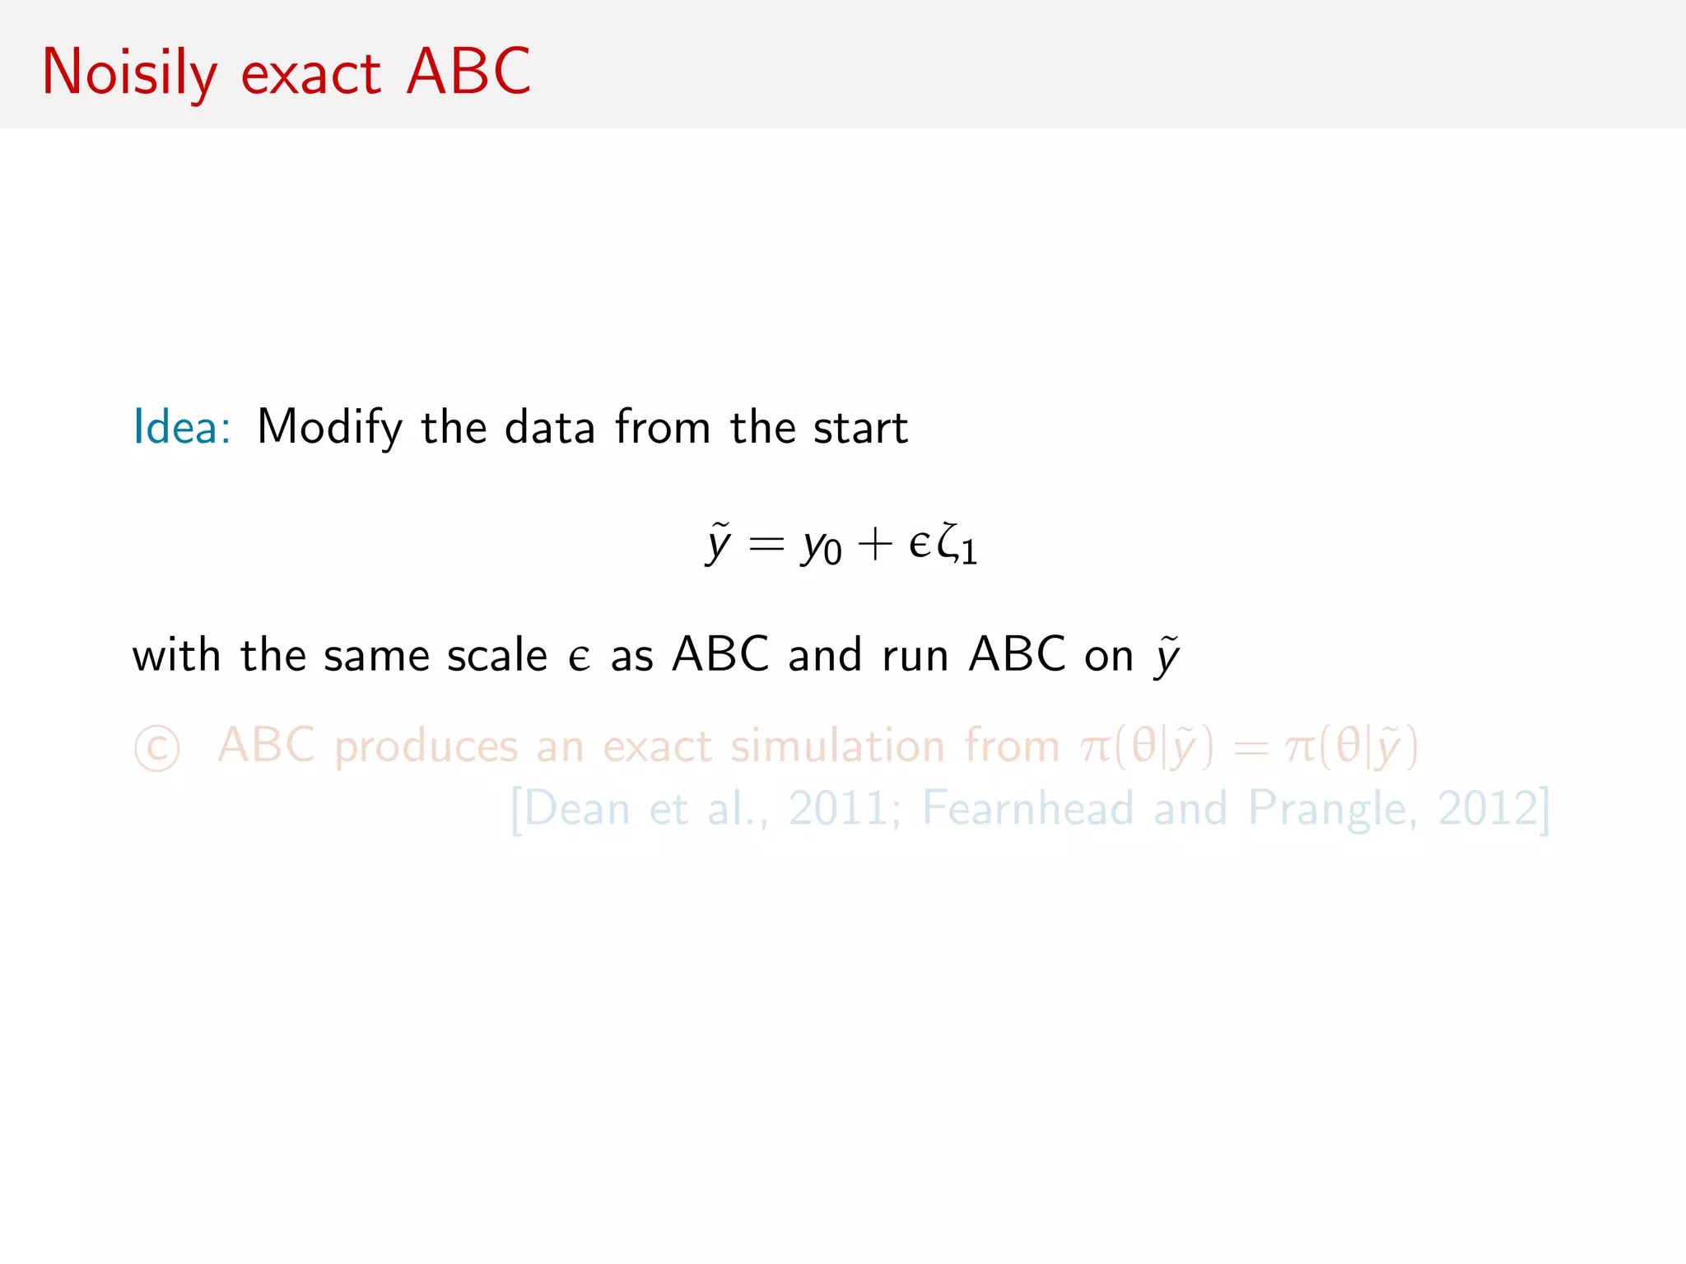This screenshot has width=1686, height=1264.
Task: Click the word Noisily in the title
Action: [x=129, y=72]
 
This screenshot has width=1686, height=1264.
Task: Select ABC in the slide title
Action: [x=468, y=72]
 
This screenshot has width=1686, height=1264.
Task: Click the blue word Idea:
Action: [x=182, y=427]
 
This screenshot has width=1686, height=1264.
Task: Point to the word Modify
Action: [x=329, y=428]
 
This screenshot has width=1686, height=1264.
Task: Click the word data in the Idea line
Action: [x=549, y=428]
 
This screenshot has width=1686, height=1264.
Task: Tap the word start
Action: [x=860, y=428]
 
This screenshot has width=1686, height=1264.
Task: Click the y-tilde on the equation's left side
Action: [x=718, y=545]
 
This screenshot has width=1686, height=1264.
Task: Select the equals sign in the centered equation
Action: [x=766, y=545]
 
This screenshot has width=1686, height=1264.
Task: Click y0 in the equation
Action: [x=822, y=546]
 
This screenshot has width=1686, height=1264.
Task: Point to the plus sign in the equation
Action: [x=874, y=545]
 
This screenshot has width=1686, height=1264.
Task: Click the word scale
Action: [x=496, y=656]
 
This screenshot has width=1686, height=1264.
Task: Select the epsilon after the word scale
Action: [x=579, y=658]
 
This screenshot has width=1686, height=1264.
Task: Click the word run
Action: [x=915, y=657]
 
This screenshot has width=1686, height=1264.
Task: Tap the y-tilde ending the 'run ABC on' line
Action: [x=1167, y=657]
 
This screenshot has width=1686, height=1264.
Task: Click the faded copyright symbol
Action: [x=156, y=748]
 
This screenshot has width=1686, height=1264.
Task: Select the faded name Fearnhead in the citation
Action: [x=1027, y=808]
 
